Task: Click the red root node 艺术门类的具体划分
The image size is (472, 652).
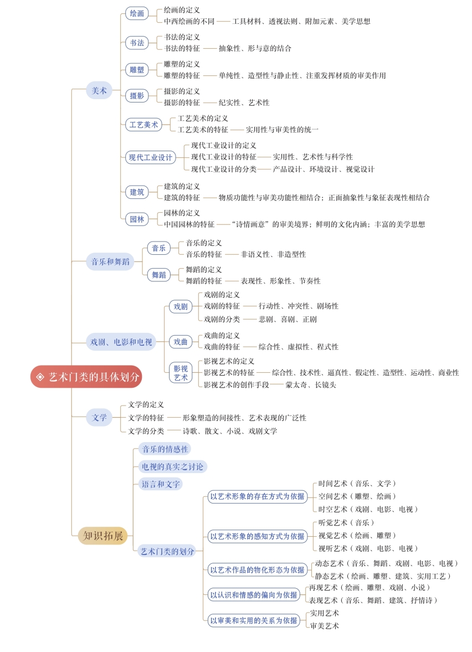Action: click(x=86, y=377)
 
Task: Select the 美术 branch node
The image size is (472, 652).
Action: click(x=99, y=91)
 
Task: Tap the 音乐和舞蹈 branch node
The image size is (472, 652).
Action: click(x=110, y=261)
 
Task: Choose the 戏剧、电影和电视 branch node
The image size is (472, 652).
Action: click(x=121, y=342)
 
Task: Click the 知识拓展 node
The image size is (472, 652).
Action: click(x=102, y=536)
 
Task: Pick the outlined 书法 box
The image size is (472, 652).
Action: click(x=137, y=43)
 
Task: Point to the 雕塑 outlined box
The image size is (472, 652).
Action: click(x=137, y=70)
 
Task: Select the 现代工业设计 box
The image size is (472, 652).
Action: click(x=151, y=157)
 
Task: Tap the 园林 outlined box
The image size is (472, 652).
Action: click(x=137, y=219)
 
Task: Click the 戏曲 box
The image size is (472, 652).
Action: click(x=181, y=342)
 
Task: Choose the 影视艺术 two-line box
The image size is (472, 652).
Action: click(x=181, y=373)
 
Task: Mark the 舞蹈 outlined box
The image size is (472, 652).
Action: click(x=159, y=275)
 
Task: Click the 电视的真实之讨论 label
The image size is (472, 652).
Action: click(x=173, y=466)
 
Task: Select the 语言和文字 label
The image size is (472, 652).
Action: click(x=161, y=484)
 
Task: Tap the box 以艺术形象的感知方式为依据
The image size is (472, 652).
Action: click(x=258, y=536)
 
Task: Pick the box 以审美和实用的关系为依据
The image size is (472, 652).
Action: click(x=254, y=620)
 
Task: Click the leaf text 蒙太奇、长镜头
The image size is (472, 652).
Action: click(x=311, y=385)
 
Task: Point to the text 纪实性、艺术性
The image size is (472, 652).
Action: click(x=244, y=102)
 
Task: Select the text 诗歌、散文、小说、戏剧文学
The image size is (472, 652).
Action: click(x=230, y=431)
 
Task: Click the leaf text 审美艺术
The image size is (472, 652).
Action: click(x=325, y=626)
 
